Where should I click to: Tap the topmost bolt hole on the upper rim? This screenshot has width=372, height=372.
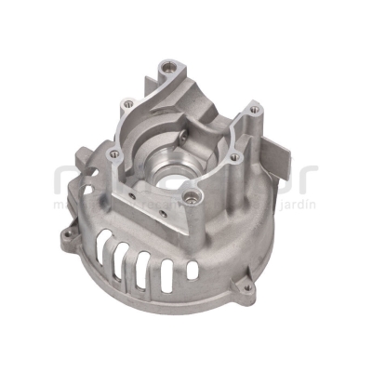click(166, 67)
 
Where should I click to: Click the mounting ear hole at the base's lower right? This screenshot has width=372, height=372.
click(247, 288)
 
